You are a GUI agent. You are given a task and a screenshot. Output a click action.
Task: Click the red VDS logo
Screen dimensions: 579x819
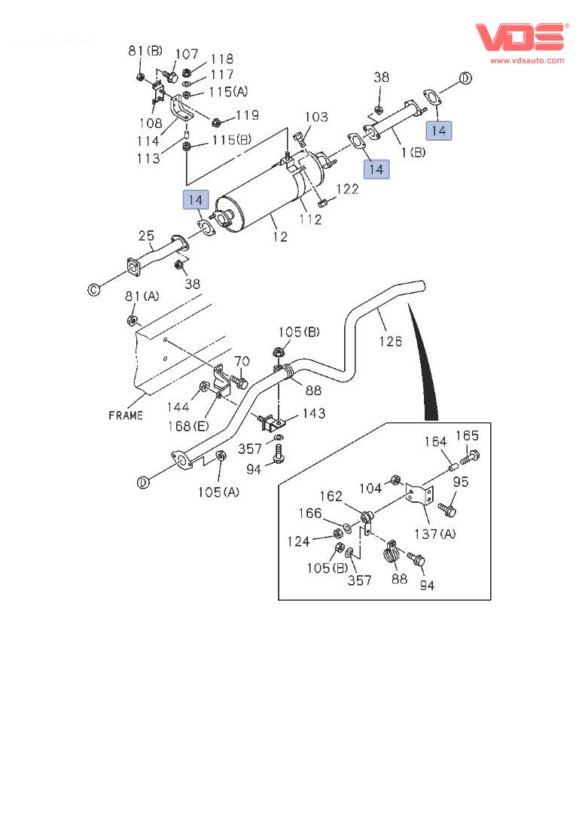[x=521, y=37]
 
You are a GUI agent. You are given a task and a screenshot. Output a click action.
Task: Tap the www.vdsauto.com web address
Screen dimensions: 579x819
[x=527, y=60]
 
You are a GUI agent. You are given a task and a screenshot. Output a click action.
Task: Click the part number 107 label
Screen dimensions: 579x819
[x=187, y=53]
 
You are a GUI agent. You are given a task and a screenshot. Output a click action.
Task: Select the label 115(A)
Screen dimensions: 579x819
[x=228, y=92]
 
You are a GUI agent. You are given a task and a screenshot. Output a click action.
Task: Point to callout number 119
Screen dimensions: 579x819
[x=247, y=115]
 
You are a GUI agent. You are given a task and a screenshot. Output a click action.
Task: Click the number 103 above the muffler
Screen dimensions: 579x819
[x=316, y=117]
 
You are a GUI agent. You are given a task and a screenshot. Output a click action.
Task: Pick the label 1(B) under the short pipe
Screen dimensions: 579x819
[x=413, y=153]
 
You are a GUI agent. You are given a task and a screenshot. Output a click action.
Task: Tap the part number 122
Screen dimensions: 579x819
[x=348, y=188]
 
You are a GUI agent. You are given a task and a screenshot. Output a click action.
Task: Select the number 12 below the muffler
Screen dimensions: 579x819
[x=280, y=236]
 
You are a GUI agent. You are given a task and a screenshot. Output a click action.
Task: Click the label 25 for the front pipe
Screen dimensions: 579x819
[x=146, y=236]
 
